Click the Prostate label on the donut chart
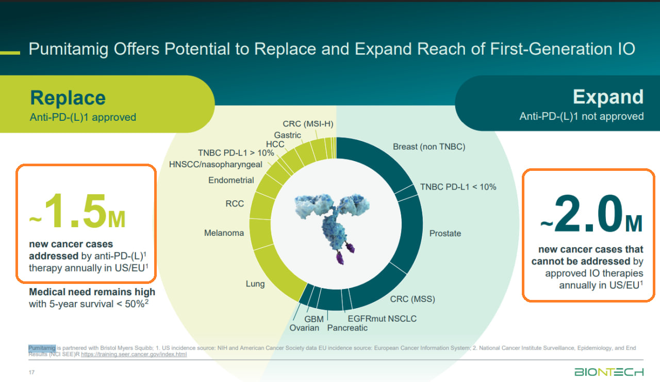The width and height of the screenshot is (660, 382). (x=445, y=233)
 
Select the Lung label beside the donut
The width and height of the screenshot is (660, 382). (x=255, y=283)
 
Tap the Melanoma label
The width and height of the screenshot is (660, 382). (x=224, y=233)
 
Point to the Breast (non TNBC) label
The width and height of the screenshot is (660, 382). (x=429, y=147)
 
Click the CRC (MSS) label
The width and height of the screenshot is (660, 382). (x=412, y=299)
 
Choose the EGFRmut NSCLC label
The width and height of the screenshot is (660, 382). (x=382, y=319)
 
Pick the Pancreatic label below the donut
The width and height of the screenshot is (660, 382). (x=348, y=328)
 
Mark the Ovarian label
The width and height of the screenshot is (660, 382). (x=304, y=328)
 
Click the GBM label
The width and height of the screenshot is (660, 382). (x=314, y=319)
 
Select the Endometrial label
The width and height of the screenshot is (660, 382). (x=231, y=180)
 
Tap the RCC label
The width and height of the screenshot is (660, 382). (x=235, y=203)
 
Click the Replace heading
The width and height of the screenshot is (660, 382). (x=68, y=98)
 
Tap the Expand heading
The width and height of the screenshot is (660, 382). (x=608, y=97)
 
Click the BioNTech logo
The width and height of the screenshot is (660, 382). (x=609, y=372)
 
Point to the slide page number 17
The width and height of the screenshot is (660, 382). (x=32, y=372)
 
